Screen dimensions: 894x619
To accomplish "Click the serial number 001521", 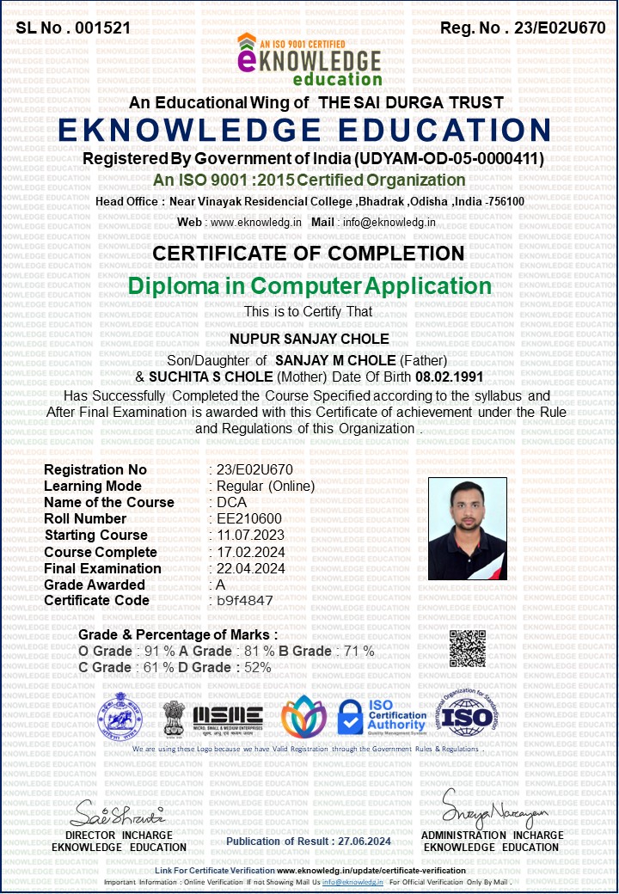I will tap(102, 28).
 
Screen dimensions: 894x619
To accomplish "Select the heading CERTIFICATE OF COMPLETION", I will tap(309, 254).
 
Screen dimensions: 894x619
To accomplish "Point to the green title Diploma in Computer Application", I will tap(309, 286).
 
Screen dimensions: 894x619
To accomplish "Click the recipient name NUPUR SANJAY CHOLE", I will tap(309, 339).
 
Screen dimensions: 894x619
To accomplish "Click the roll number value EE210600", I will tap(249, 518).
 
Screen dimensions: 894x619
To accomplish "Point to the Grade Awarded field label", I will tap(95, 585).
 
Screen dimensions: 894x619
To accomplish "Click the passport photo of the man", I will tap(467, 529).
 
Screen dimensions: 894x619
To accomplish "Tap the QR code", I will tap(468, 648).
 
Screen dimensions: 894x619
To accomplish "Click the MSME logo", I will tap(228, 716).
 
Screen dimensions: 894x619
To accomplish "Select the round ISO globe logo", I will tap(467, 715).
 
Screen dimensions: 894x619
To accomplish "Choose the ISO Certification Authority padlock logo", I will tap(382, 716).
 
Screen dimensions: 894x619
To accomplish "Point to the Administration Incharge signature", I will tap(493, 808).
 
